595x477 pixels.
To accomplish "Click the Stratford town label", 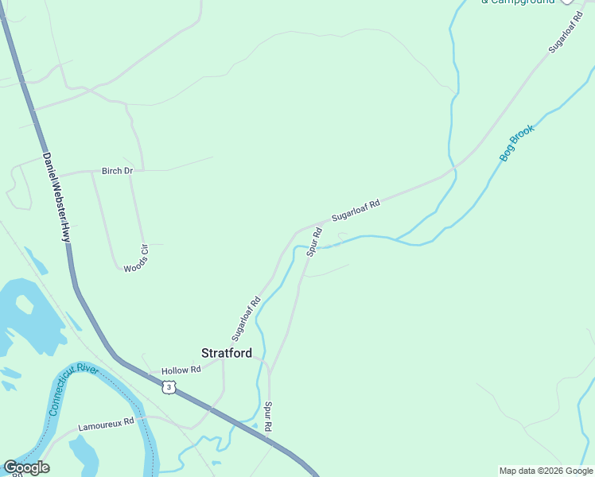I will (x=227, y=353).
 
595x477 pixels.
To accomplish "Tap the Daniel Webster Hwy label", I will (x=56, y=198).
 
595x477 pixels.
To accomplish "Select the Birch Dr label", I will (x=117, y=171).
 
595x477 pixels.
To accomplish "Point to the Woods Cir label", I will (x=136, y=258).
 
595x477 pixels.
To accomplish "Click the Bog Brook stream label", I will (x=517, y=142).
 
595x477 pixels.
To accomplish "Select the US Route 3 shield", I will (x=168, y=387).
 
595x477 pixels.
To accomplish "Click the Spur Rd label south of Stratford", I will (x=269, y=417).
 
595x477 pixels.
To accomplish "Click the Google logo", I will (x=26, y=467).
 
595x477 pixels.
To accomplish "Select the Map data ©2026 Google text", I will (x=546, y=471).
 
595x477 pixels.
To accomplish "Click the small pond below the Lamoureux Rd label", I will (x=84, y=452).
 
